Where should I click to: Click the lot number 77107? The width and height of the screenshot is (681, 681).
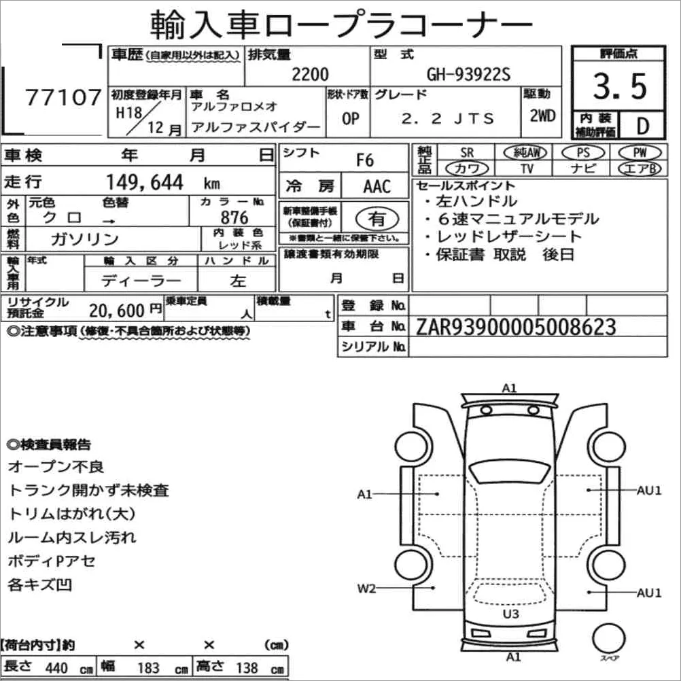click(63, 97)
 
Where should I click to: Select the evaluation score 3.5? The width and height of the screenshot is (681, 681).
click(620, 86)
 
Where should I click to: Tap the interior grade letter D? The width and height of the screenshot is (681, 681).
click(642, 126)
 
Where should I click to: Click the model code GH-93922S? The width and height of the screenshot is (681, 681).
click(468, 75)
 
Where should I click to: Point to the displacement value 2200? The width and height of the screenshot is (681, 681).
click(310, 75)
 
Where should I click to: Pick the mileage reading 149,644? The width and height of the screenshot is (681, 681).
click(145, 182)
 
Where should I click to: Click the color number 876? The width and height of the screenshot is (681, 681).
click(234, 217)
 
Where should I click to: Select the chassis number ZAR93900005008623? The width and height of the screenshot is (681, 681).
click(516, 327)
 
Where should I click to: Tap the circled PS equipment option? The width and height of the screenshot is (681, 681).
click(583, 153)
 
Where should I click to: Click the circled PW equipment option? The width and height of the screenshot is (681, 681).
click(640, 153)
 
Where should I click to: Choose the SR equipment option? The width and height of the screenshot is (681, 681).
click(467, 153)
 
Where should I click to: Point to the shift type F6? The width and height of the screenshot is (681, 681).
click(365, 160)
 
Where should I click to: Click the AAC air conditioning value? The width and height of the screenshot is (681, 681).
click(377, 187)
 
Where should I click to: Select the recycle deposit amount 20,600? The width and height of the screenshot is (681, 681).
click(117, 311)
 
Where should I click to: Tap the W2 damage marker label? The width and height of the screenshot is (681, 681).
click(366, 589)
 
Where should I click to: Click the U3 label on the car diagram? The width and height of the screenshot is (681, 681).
click(511, 614)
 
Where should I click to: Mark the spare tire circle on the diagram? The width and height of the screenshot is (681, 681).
click(609, 639)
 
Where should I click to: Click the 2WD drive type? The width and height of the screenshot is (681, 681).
click(542, 116)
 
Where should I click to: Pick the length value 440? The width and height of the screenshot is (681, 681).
click(56, 668)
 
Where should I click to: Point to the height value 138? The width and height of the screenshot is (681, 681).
click(247, 668)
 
